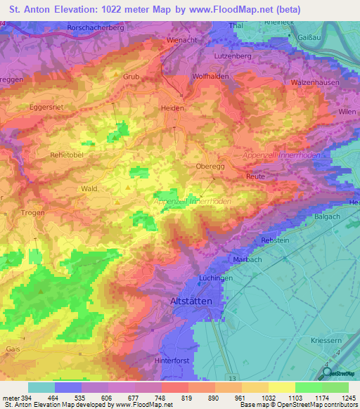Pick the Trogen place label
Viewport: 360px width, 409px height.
(x=32, y=212)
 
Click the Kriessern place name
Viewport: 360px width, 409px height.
(x=326, y=340)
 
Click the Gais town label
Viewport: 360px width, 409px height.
(x=13, y=349)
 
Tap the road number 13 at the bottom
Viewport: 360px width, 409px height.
(x=232, y=378)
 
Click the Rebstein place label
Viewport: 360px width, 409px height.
(x=276, y=240)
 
